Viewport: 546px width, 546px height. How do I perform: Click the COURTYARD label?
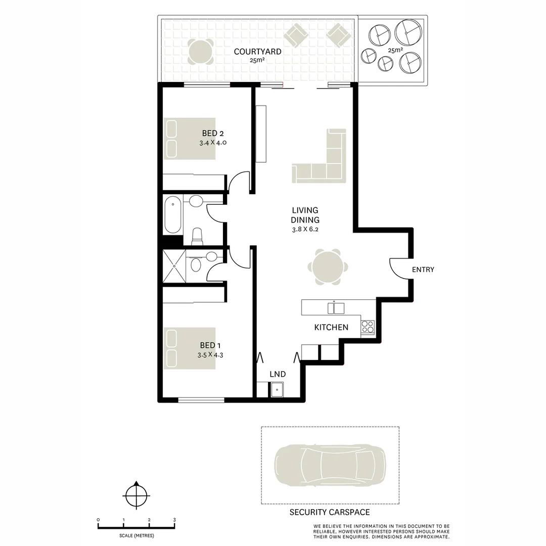257,52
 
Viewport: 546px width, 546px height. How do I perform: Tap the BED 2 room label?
212,133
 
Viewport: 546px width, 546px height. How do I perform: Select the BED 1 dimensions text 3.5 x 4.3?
210,355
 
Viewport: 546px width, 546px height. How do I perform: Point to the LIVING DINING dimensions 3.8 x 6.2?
305,229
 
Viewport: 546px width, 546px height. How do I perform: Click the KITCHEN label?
331,327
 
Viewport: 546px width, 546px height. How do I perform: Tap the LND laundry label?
278,374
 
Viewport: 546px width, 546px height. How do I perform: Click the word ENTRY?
423,269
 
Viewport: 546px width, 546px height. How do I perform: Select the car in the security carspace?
330,466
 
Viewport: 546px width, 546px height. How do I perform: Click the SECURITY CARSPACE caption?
329,512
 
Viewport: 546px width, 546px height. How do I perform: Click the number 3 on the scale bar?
174,520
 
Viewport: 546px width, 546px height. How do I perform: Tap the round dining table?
328,267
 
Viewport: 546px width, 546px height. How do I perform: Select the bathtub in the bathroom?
173,215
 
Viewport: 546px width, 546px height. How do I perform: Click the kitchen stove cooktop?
368,327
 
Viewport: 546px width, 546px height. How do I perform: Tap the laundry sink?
277,390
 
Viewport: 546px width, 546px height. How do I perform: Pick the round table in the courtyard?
200,51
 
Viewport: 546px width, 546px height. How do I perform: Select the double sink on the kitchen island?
336,307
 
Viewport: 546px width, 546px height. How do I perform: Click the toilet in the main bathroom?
197,236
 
